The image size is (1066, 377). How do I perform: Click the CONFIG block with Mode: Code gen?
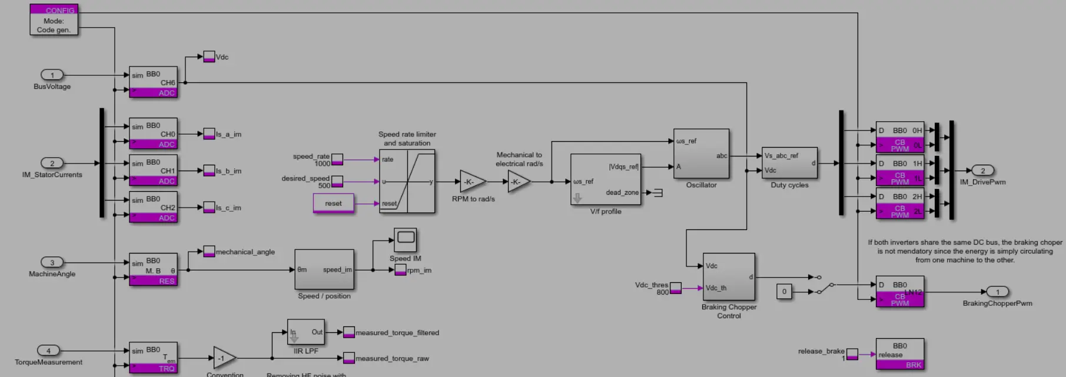pos(54,20)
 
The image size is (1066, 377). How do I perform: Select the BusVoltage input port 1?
pos(52,75)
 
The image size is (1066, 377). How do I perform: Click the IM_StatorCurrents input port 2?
pos(52,163)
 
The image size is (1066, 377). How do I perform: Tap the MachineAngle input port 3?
pos(52,262)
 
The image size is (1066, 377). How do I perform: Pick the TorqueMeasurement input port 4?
pos(48,351)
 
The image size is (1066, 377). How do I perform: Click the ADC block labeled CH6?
pos(153,82)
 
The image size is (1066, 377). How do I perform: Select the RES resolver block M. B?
pos(153,269)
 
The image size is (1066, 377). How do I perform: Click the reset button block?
pos(333,203)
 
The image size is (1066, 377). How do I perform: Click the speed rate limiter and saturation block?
pos(407,181)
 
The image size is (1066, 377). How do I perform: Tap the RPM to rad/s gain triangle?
pos(471,182)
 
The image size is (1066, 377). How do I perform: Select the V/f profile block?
pos(606,179)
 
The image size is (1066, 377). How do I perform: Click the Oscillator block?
pos(701,154)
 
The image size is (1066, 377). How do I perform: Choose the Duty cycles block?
pos(789,163)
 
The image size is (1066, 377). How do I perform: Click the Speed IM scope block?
pos(405,239)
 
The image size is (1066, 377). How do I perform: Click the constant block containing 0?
pos(784,291)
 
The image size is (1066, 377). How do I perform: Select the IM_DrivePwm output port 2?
pos(982,171)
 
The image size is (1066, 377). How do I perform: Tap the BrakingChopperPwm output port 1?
pos(997,292)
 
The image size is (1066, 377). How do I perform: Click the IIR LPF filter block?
pos(305,332)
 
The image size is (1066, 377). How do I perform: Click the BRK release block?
pos(899,354)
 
